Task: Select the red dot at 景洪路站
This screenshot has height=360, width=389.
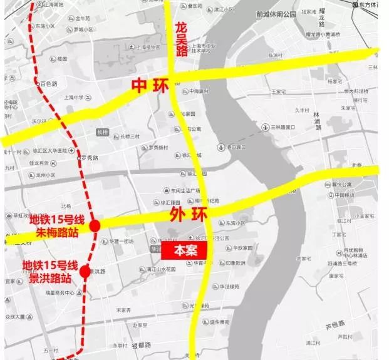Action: (x=86, y=272)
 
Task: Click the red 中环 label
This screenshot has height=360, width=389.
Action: (x=150, y=85)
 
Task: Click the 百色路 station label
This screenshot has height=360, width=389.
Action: (x=48, y=83)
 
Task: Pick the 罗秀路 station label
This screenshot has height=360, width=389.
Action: (x=91, y=158)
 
